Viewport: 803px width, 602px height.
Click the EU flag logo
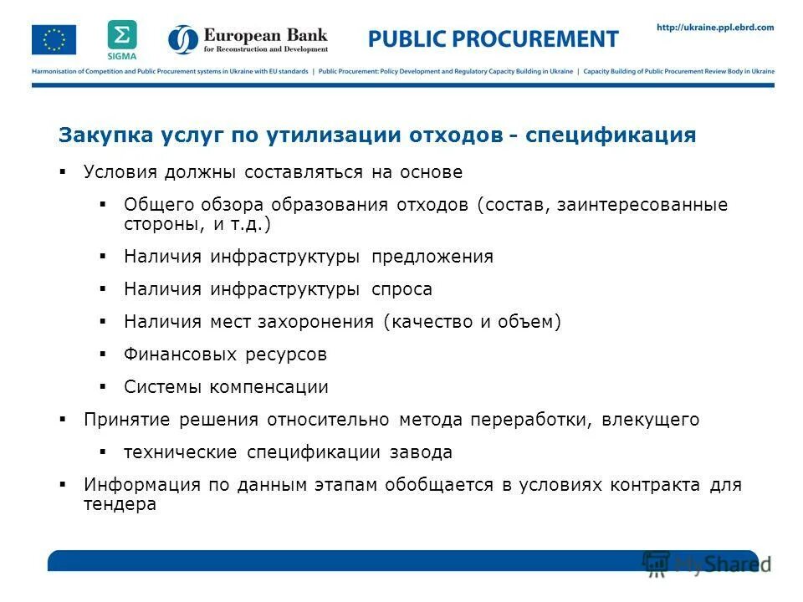click(x=54, y=39)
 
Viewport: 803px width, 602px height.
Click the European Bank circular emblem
click(x=183, y=39)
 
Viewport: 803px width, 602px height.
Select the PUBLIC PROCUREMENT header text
click(x=494, y=38)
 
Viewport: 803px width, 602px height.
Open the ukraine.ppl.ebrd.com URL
click(x=715, y=28)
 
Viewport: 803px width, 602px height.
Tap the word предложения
click(x=432, y=257)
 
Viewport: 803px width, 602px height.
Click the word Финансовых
click(x=181, y=355)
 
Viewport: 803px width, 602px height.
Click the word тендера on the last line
click(x=120, y=505)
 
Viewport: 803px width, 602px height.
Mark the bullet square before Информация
click(x=63, y=485)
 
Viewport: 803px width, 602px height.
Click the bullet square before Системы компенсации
click(x=103, y=387)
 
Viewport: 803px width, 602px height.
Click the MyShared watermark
click(x=707, y=562)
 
